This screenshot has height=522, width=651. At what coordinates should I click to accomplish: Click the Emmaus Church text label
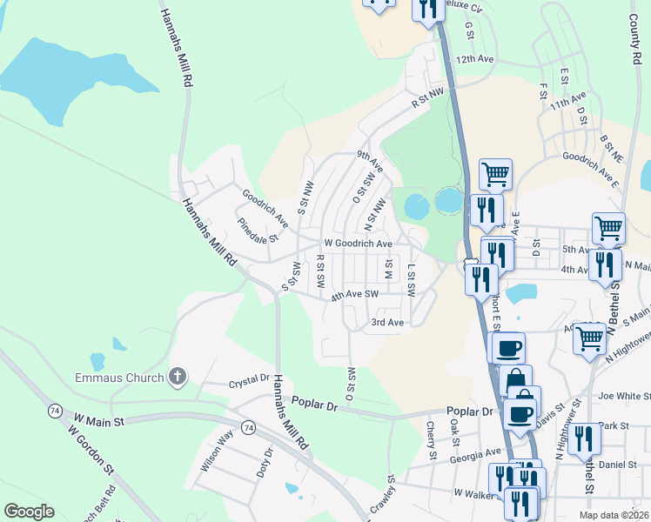point(119,378)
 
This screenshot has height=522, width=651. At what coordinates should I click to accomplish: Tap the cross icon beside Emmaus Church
point(177,377)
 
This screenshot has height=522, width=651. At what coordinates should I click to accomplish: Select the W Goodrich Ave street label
point(358,244)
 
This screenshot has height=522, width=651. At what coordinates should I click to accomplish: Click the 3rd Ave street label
point(387,323)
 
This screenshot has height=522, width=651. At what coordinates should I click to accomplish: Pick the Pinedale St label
point(258,230)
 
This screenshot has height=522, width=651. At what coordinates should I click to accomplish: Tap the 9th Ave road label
point(370,161)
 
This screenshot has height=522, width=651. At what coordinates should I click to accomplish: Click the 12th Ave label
point(474,59)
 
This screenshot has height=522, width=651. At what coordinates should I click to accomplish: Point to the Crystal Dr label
point(249,380)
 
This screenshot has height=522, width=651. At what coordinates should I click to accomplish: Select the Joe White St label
point(624,395)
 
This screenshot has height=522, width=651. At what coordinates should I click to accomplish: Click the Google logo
point(30,512)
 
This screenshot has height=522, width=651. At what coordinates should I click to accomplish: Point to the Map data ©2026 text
point(612,515)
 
